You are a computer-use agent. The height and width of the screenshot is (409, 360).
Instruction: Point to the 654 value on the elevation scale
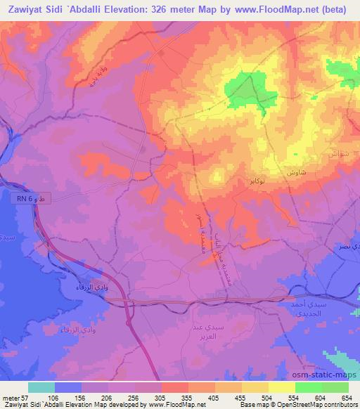(x=347, y=398)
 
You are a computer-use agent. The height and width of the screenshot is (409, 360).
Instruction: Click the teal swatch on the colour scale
(x=41, y=387)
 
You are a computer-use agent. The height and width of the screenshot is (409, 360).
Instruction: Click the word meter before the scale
(x=10, y=398)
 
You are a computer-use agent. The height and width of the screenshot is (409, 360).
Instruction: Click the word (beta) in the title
(x=340, y=9)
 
